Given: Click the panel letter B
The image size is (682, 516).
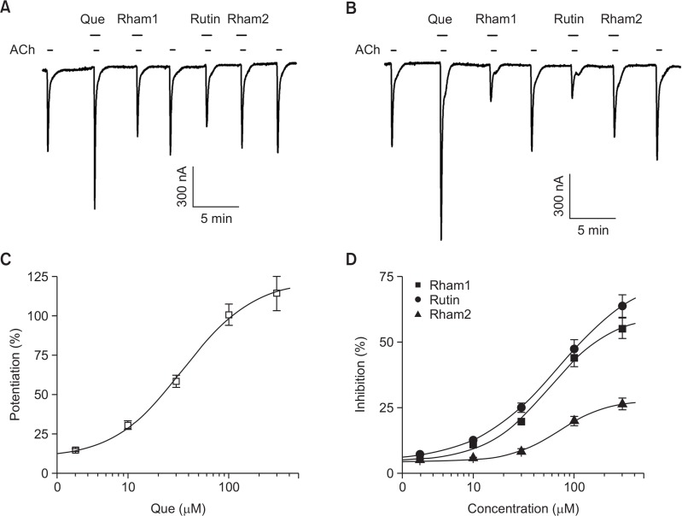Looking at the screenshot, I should point(351,9).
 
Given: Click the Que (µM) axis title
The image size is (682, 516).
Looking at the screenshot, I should point(178,508).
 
